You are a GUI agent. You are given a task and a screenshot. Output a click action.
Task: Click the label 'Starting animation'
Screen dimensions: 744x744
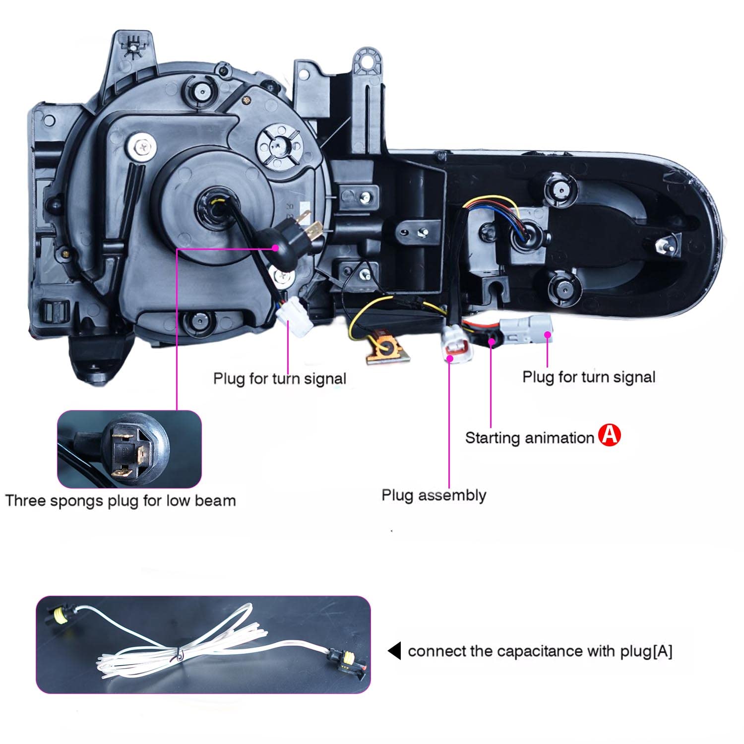[529, 438]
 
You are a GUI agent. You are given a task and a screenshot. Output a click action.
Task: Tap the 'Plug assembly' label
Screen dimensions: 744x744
[434, 495]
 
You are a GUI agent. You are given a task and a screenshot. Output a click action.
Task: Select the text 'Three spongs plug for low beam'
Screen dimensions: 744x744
[121, 500]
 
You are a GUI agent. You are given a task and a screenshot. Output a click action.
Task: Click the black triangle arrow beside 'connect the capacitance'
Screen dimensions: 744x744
[395, 651]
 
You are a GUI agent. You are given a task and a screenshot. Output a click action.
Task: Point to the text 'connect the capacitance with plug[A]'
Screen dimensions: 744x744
[540, 651]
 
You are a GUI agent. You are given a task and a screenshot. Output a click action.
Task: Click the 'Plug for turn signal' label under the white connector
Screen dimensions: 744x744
[279, 378]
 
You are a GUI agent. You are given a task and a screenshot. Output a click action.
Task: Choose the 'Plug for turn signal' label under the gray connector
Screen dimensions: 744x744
[588, 377]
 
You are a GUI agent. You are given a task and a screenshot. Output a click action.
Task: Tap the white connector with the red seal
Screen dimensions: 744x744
[456, 344]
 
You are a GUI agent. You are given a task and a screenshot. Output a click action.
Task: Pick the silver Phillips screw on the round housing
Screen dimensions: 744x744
[142, 146]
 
